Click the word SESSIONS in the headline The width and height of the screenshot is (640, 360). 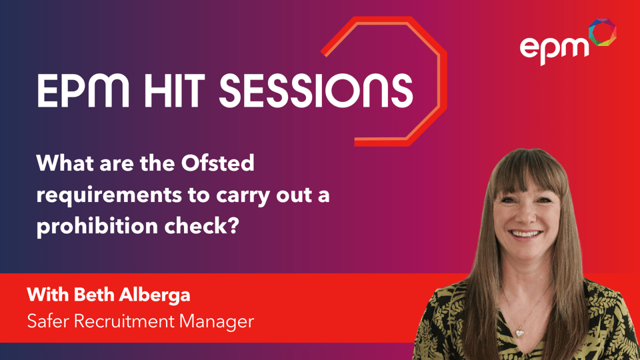click(x=316, y=91)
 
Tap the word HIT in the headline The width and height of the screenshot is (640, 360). click(x=173, y=91)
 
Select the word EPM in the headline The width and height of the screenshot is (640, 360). click(x=83, y=91)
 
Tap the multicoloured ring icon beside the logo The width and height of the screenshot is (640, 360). click(x=602, y=32)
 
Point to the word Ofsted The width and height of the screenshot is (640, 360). click(x=217, y=163)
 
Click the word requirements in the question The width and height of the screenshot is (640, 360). click(x=109, y=196)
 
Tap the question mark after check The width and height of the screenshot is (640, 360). click(x=233, y=226)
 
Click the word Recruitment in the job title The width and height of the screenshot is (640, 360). click(x=125, y=321)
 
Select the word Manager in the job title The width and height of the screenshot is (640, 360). click(x=217, y=322)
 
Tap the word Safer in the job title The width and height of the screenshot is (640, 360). click(x=49, y=321)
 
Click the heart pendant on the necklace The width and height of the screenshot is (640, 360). click(x=519, y=334)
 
